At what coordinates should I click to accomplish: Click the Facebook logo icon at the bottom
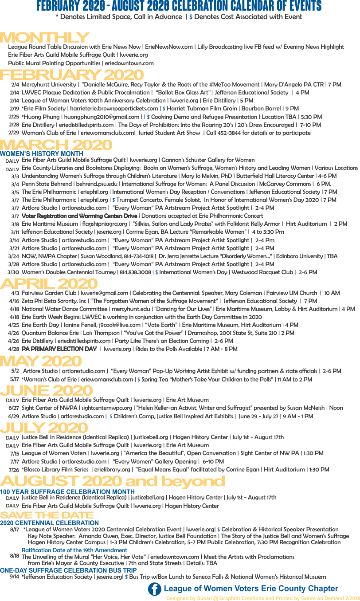coord(154,589)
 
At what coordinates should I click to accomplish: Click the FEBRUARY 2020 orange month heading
coord(71,75)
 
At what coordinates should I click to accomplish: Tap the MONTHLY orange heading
coord(44,38)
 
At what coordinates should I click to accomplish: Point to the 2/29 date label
coord(14,133)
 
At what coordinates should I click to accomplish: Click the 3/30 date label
coord(13,272)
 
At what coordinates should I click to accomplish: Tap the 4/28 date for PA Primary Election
coord(13,349)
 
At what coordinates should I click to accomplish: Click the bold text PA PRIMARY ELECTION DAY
coord(59,349)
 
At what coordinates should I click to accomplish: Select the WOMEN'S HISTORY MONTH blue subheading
coord(42,154)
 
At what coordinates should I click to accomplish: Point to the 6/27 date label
coord(14,408)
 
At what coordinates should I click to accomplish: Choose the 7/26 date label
coord(14,470)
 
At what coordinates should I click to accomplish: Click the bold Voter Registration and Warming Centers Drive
coord(79,216)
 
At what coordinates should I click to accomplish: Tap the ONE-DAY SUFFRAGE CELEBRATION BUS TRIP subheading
coord(68,570)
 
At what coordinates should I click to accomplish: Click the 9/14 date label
coord(14,577)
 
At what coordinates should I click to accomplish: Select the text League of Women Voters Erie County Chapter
coord(251,589)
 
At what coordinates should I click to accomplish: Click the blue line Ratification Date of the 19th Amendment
coord(74,550)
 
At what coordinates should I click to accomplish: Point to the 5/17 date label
coord(14,379)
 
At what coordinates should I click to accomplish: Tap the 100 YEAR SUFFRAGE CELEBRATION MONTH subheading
coord(67,492)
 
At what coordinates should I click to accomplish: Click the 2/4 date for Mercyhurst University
coord(15,85)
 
